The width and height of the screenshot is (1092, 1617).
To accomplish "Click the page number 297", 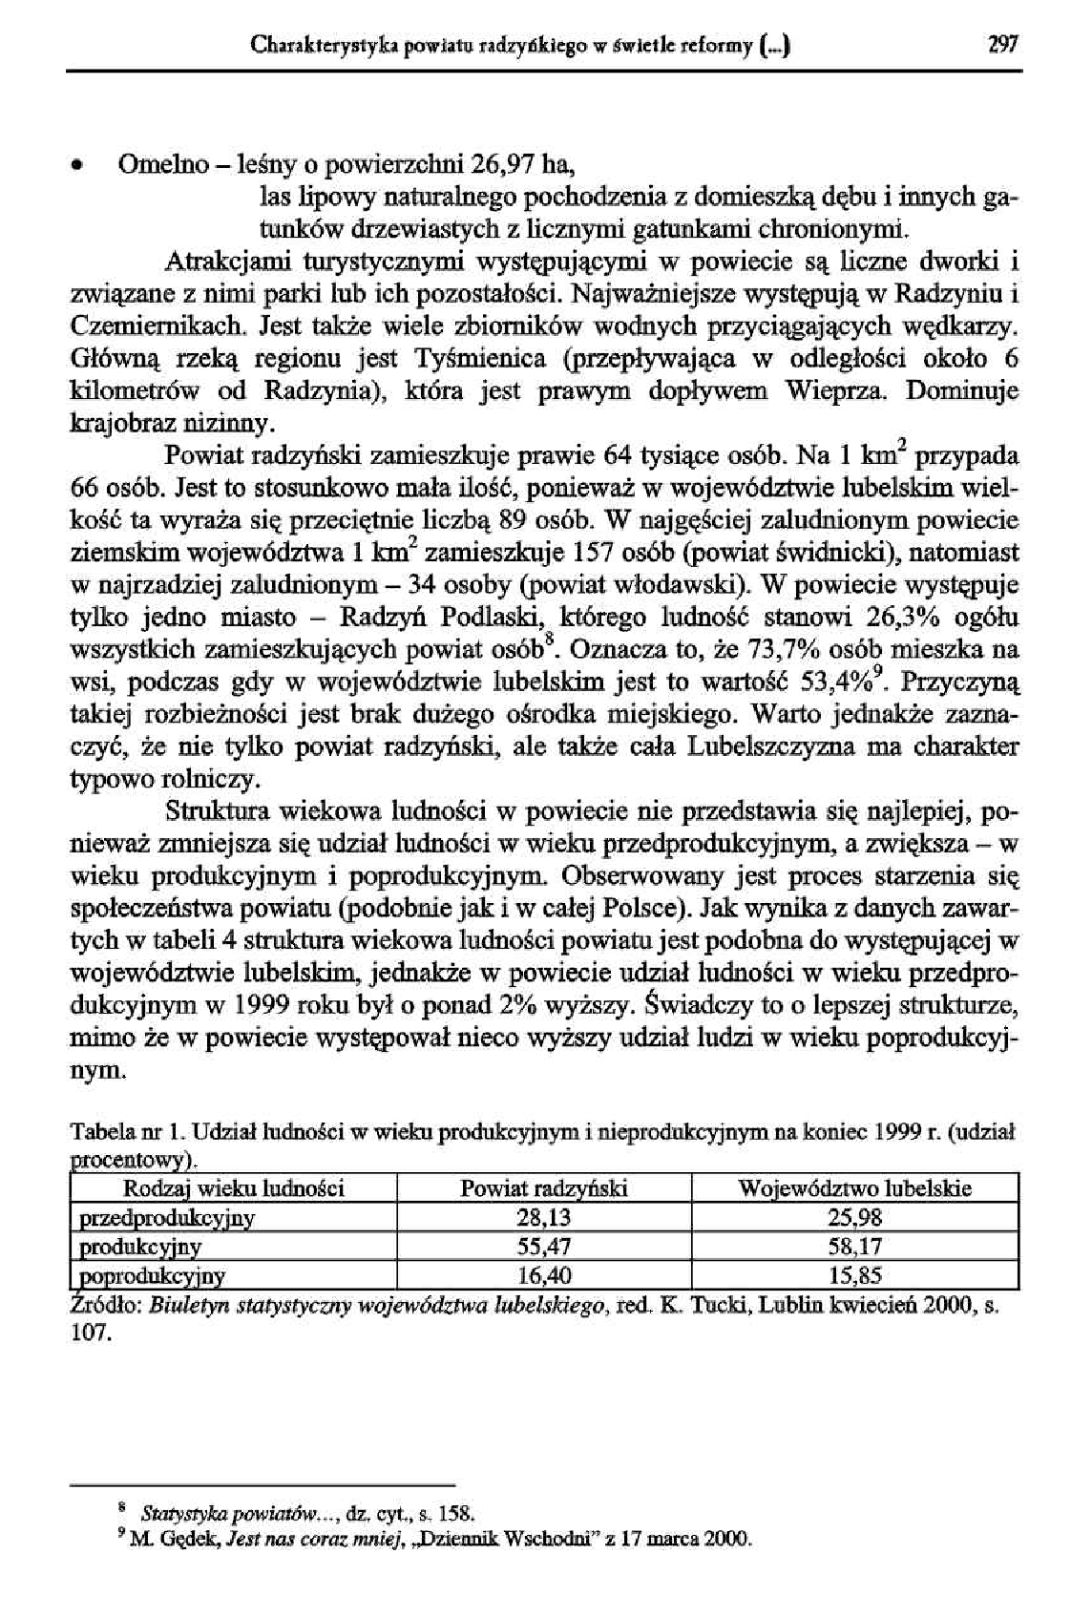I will click(x=1004, y=44).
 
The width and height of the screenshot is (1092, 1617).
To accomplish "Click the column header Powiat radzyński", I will click(x=544, y=1188).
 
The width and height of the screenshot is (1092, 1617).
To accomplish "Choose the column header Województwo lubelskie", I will click(x=855, y=1188).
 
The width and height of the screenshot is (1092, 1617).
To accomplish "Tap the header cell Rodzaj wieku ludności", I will click(x=234, y=1188).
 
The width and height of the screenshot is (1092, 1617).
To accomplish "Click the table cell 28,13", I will click(x=544, y=1217).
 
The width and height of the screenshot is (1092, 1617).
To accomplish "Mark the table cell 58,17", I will click(x=855, y=1246).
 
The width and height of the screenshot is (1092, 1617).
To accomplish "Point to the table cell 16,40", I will click(x=544, y=1275).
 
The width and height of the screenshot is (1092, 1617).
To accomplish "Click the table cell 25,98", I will click(x=855, y=1217).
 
